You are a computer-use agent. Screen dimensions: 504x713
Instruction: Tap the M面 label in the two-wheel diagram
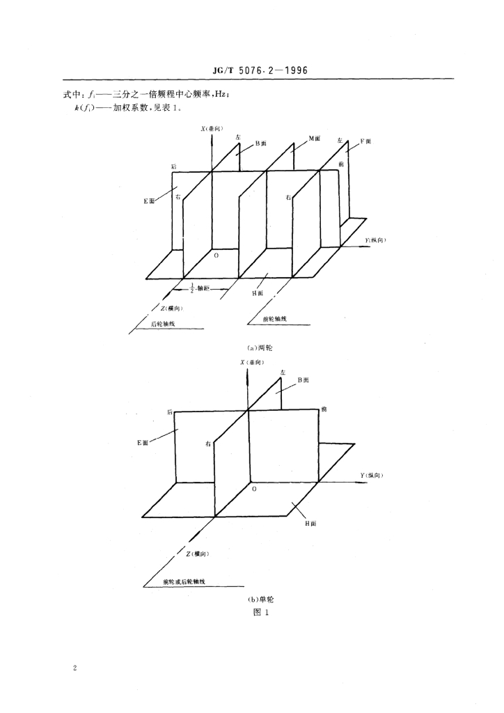click(x=315, y=139)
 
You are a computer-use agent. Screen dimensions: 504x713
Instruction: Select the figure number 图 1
click(x=251, y=613)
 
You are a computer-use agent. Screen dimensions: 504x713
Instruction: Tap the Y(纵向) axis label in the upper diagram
click(x=376, y=240)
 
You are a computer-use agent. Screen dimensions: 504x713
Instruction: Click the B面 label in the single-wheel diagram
click(x=303, y=380)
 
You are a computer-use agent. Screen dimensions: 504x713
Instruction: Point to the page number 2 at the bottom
click(x=74, y=669)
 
